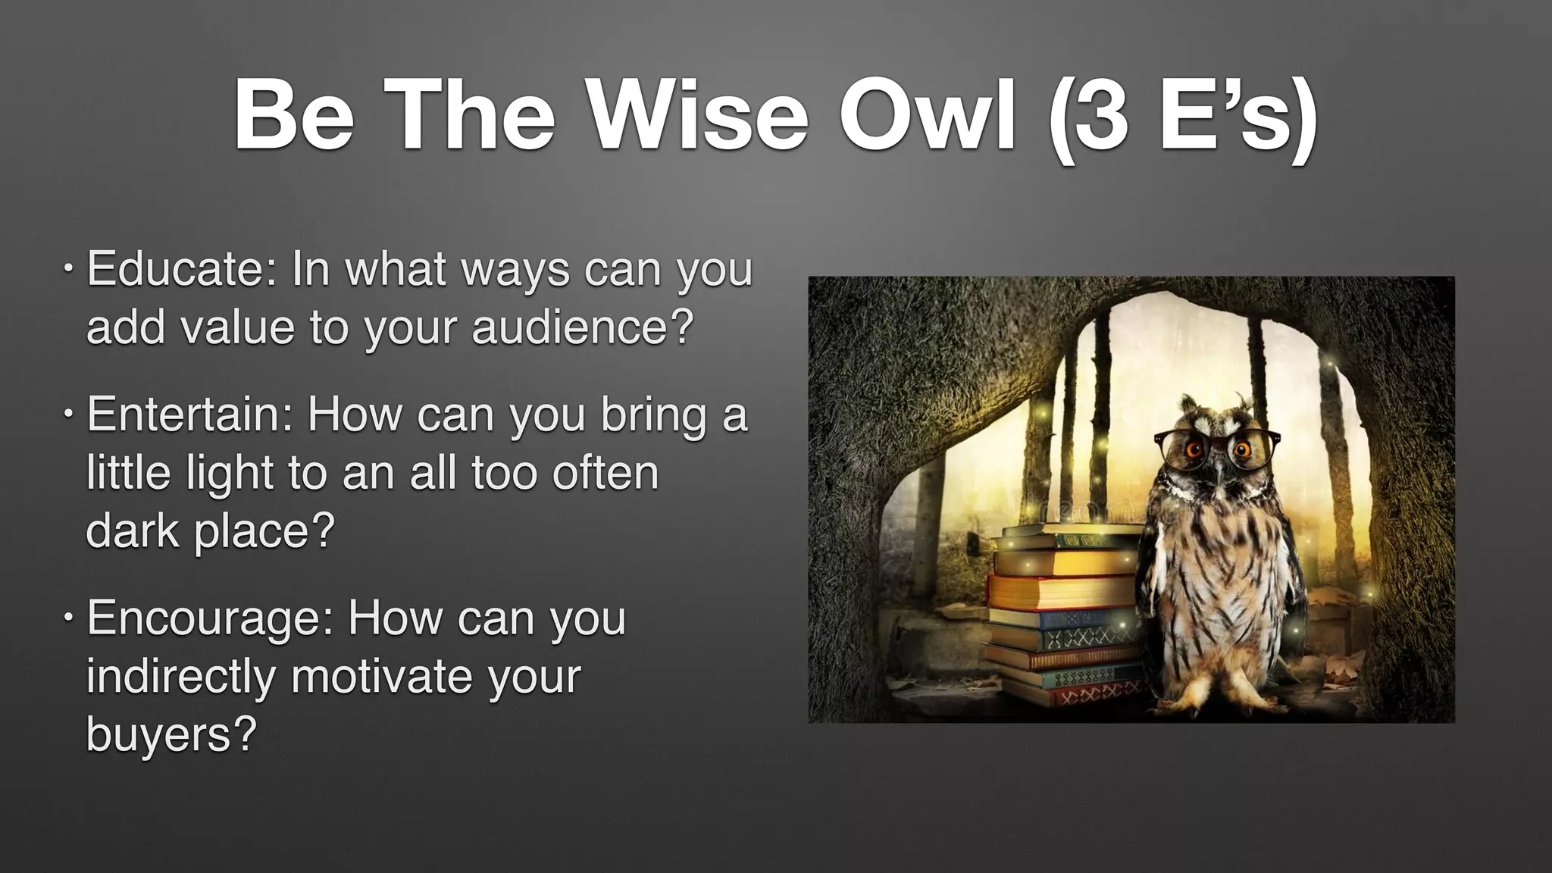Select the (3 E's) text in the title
coord(1182,117)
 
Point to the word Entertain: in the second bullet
coord(189,415)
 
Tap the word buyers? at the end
coord(171,734)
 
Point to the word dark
coord(133,530)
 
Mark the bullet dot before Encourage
coord(68,618)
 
